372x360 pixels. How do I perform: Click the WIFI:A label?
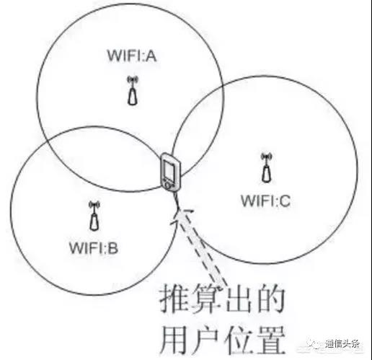(x=132, y=56)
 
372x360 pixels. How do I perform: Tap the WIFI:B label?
(x=94, y=247)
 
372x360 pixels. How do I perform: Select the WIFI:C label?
(x=265, y=201)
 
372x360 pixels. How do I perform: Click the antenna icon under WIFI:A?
(x=133, y=90)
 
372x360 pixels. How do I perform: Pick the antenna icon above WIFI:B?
(x=94, y=216)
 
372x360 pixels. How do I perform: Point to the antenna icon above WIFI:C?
(x=267, y=167)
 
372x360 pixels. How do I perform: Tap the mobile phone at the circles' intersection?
(x=170, y=172)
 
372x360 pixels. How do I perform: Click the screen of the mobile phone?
(x=169, y=171)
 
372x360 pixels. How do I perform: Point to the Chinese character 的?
(x=270, y=298)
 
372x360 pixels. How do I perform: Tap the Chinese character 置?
(x=271, y=340)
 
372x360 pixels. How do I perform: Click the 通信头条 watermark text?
(x=343, y=343)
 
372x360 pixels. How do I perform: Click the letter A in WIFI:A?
(x=151, y=56)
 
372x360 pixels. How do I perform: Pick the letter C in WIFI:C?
(x=285, y=201)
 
